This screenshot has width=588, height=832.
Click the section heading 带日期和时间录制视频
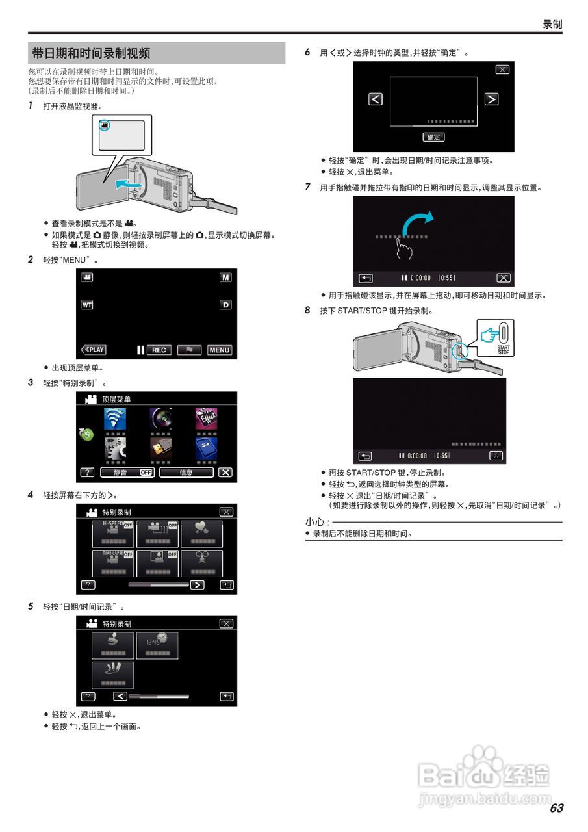[x=91, y=53]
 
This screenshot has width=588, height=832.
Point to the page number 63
[x=556, y=808]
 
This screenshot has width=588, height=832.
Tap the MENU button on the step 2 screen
[x=219, y=350]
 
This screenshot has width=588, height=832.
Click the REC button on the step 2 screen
[x=159, y=350]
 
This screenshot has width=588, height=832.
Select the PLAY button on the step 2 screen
[x=93, y=350]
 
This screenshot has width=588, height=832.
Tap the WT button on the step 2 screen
[x=86, y=305]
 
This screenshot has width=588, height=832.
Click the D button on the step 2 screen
[x=225, y=305]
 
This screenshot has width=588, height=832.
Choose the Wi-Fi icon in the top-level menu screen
[x=115, y=418]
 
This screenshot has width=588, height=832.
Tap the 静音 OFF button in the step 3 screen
[x=127, y=473]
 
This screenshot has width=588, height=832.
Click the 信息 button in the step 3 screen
[x=186, y=473]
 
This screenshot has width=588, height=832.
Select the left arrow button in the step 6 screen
[x=376, y=99]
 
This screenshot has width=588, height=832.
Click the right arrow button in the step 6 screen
[x=491, y=99]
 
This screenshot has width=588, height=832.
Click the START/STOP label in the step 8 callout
[x=503, y=350]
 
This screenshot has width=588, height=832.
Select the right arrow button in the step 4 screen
[x=196, y=584]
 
